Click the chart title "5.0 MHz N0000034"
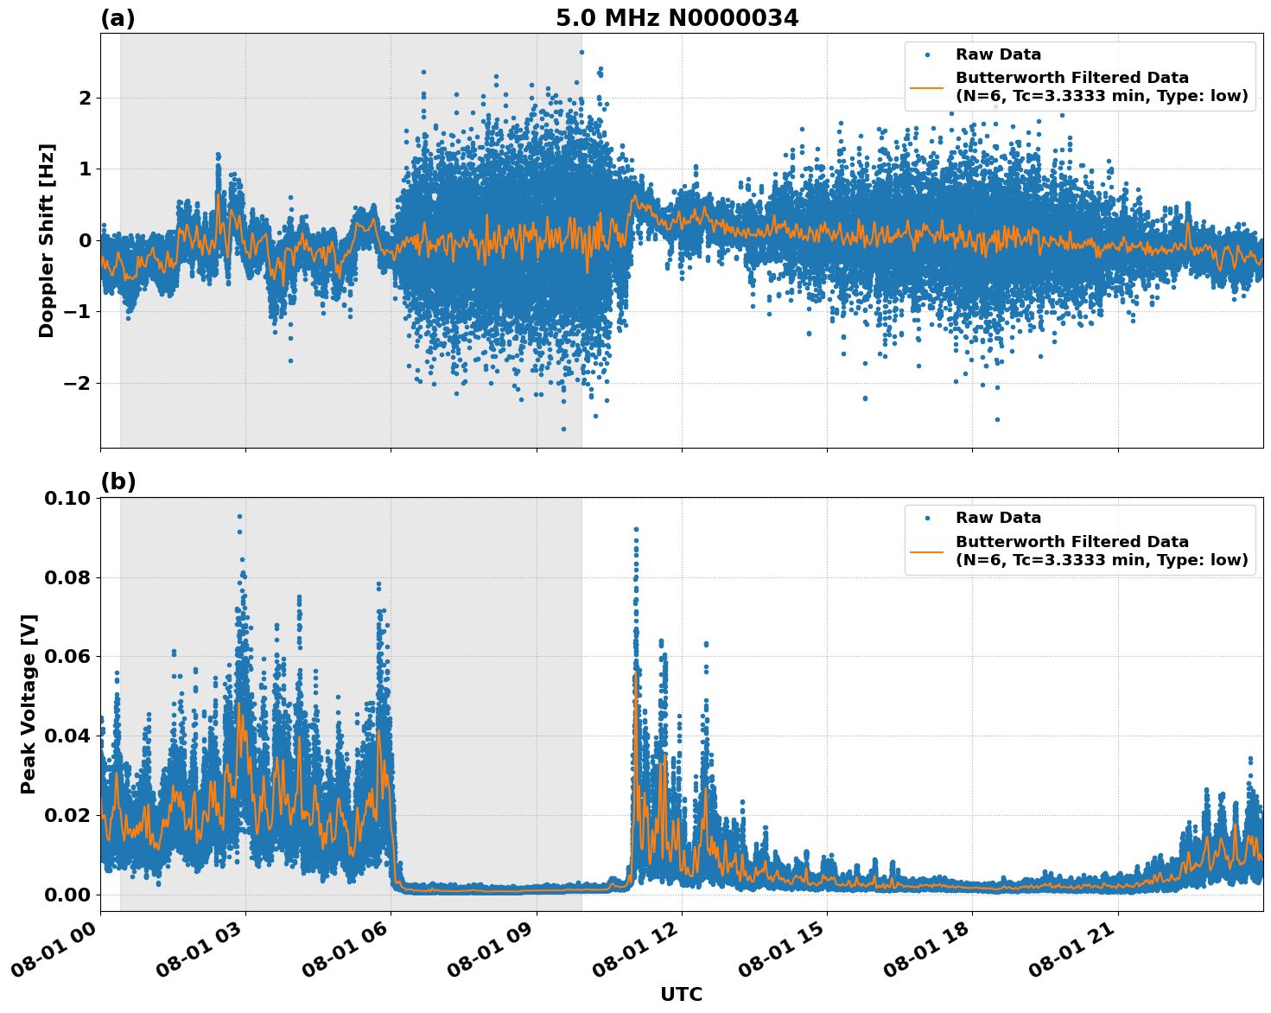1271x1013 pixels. tap(677, 18)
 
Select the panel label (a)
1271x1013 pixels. tap(118, 18)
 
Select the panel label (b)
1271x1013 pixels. tap(118, 481)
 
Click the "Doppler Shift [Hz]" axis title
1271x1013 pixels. tap(47, 240)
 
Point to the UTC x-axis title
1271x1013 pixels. tap(681, 994)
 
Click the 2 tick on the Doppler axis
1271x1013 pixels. tap(85, 98)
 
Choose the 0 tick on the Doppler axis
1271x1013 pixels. tap(85, 240)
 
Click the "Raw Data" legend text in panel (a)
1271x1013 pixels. tap(998, 55)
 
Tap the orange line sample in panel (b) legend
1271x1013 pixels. tap(927, 551)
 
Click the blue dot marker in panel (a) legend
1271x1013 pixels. tap(927, 55)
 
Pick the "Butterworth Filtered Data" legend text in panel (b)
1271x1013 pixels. tap(1071, 542)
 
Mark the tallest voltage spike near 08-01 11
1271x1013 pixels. tap(636, 529)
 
